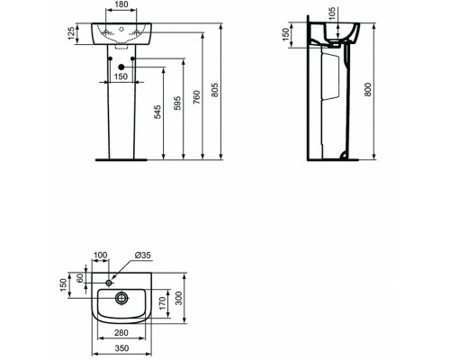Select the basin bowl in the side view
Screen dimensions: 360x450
coord(337,34)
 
